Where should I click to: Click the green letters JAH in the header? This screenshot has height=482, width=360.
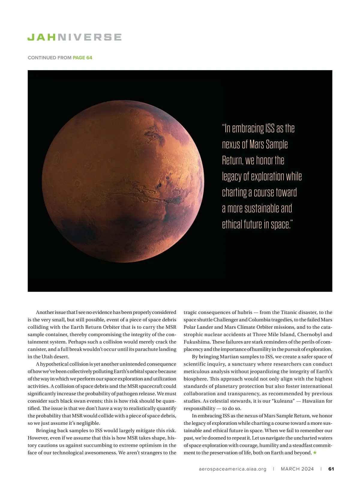(42, 37)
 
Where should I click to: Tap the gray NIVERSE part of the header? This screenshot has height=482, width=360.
(89, 37)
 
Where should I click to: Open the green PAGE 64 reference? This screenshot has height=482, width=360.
(82, 58)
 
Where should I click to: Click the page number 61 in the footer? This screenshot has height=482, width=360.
(331, 469)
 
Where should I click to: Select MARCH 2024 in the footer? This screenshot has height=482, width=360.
(297, 469)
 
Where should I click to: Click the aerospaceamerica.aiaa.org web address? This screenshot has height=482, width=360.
(232, 469)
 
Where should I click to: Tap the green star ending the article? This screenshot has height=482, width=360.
(315, 453)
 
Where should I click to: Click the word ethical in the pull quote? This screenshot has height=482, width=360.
(232, 224)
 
